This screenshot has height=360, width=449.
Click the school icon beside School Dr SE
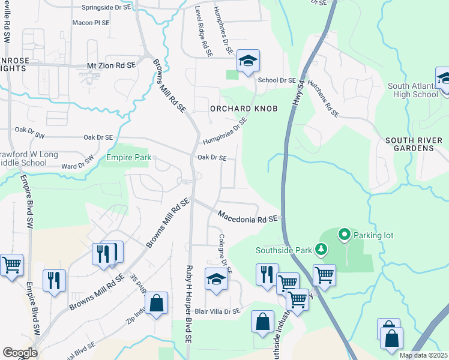247,61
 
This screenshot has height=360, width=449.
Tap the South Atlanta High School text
413,90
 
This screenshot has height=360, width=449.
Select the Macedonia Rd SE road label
249,217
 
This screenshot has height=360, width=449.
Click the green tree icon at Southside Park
322,248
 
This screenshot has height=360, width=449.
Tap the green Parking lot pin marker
345,235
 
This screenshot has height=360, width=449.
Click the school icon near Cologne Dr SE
216,279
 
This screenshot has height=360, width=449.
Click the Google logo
20,353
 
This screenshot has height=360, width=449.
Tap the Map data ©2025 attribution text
423,355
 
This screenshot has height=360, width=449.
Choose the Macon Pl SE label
91,22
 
